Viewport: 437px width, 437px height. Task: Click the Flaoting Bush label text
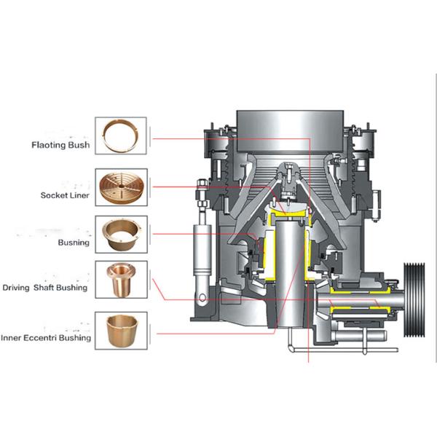(60, 145)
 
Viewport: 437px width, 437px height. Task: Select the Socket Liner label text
(66, 195)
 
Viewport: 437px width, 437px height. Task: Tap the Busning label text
(74, 243)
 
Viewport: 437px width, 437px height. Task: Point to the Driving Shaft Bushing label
(54, 287)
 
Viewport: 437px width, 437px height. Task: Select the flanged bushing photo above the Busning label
(121, 233)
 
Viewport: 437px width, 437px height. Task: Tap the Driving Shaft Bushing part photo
(121, 279)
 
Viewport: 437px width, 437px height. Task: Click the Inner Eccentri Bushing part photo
(121, 329)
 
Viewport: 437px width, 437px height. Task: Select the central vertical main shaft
(289, 277)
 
